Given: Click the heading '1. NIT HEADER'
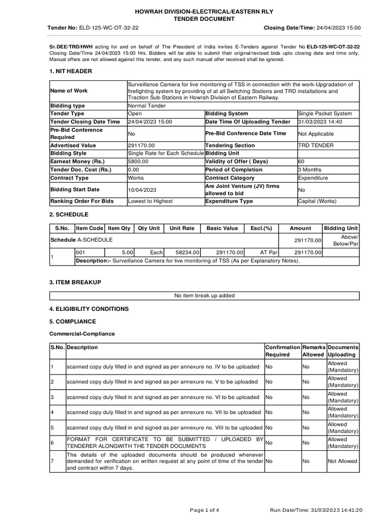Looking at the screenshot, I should click(70, 71).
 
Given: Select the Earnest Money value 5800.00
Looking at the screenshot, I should click(139, 161).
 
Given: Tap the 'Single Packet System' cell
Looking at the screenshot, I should click(325, 113).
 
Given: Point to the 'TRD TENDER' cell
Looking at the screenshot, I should click(316, 145).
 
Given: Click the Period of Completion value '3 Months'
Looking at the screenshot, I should click(310, 169).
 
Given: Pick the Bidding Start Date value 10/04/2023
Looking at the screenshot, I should click(142, 190).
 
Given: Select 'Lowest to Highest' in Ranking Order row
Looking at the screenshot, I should click(150, 201).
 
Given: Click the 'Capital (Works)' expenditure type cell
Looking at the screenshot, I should click(317, 201).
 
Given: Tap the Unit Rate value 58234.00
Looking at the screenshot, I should click(187, 252).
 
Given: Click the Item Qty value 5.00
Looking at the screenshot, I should click(127, 252).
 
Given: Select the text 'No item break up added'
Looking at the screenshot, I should click(204, 296).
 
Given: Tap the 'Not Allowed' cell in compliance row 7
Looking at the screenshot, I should click(342, 461).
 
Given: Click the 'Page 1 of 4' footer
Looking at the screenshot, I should click(204, 510).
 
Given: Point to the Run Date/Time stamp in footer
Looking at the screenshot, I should click(316, 510).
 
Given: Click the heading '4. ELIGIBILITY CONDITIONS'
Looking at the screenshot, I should click(89, 309).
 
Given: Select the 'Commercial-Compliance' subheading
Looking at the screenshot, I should click(82, 334).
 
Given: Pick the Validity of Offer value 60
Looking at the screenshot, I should click(301, 161).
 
